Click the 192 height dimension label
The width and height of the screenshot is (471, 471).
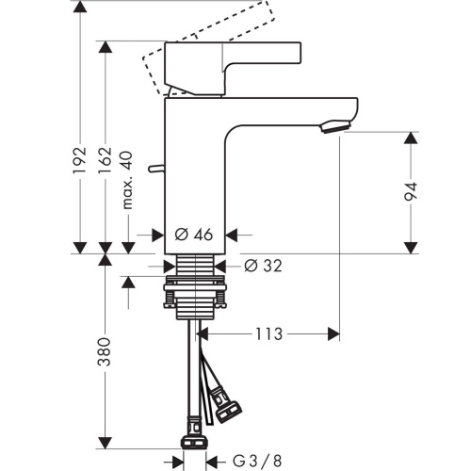(79, 159)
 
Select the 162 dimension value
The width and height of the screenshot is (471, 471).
(105, 159)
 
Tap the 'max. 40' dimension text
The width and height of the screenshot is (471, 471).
(127, 180)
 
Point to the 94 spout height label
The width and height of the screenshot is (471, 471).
(411, 191)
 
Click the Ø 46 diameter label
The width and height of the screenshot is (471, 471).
(194, 235)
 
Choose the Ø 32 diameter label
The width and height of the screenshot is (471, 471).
(263, 266)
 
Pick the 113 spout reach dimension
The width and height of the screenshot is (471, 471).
(268, 334)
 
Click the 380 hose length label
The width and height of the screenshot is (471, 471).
(105, 351)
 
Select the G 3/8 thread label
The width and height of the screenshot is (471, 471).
(257, 462)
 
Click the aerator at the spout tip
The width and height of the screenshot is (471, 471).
(336, 126)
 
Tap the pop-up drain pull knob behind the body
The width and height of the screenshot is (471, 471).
(156, 169)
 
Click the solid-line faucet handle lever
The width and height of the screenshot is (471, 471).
(233, 69)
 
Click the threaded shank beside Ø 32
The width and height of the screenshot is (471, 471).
(195, 265)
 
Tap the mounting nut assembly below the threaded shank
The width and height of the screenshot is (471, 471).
(195, 297)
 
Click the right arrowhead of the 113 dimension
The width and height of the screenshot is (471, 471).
(333, 334)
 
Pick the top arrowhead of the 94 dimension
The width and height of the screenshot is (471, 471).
(411, 138)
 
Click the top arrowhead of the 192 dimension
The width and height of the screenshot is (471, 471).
(79, 7)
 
